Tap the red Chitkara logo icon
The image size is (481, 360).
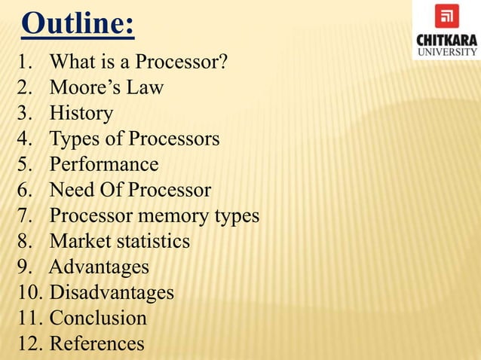click(x=446, y=16)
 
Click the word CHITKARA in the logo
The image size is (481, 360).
click(x=446, y=39)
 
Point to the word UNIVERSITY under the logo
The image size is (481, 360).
click(x=446, y=52)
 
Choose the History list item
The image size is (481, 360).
click(x=81, y=114)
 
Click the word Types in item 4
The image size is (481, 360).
click(x=75, y=139)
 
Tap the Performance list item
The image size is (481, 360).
click(x=104, y=165)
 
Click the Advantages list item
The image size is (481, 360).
click(x=99, y=267)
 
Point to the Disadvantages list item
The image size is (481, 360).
click(x=112, y=292)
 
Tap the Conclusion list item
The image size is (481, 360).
click(x=98, y=318)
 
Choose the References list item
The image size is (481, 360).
click(x=97, y=343)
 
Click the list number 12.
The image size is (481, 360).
click(x=27, y=343)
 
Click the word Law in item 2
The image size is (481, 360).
click(x=146, y=88)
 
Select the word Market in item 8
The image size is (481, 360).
click(x=76, y=242)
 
